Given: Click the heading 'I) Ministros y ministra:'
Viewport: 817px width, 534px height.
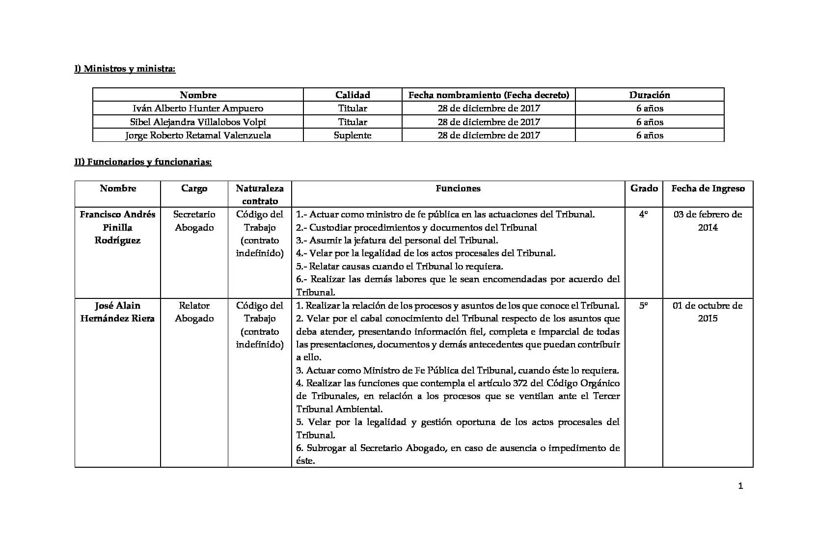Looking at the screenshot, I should pyautogui.click(x=125, y=69).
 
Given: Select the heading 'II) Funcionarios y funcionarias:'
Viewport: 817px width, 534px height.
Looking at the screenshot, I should pyautogui.click(x=143, y=162).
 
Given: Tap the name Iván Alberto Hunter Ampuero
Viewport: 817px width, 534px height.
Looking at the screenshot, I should pyautogui.click(x=198, y=108).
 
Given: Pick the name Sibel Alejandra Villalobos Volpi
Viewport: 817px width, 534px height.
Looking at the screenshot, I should pyautogui.click(x=198, y=122).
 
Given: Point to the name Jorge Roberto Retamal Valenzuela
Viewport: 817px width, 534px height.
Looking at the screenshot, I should pyautogui.click(x=198, y=135).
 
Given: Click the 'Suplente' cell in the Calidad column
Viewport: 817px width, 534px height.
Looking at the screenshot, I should pyautogui.click(x=353, y=135).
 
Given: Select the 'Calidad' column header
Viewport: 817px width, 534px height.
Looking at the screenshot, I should pyautogui.click(x=353, y=95).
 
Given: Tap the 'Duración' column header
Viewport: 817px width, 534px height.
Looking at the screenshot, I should pyautogui.click(x=650, y=95).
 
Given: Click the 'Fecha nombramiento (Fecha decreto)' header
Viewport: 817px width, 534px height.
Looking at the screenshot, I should pyautogui.click(x=489, y=95).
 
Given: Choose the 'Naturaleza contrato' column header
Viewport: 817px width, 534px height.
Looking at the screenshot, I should pyautogui.click(x=260, y=194).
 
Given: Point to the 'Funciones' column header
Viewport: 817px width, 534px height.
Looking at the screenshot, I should pyautogui.click(x=458, y=188).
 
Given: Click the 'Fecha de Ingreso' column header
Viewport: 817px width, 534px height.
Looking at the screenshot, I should pyautogui.click(x=708, y=188).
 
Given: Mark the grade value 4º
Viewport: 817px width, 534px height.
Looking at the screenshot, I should pyautogui.click(x=643, y=214).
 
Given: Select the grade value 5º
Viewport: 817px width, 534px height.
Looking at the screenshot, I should pyautogui.click(x=643, y=306).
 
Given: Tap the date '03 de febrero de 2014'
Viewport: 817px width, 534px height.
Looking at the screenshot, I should pyautogui.click(x=708, y=221).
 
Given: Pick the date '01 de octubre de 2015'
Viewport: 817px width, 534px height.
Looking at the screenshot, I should pyautogui.click(x=708, y=312).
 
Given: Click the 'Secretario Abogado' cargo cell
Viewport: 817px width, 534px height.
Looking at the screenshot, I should pyautogui.click(x=194, y=221).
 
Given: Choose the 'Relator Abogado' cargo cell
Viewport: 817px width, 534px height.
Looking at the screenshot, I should pyautogui.click(x=194, y=312).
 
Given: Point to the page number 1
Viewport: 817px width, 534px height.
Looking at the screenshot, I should pyautogui.click(x=740, y=486).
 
